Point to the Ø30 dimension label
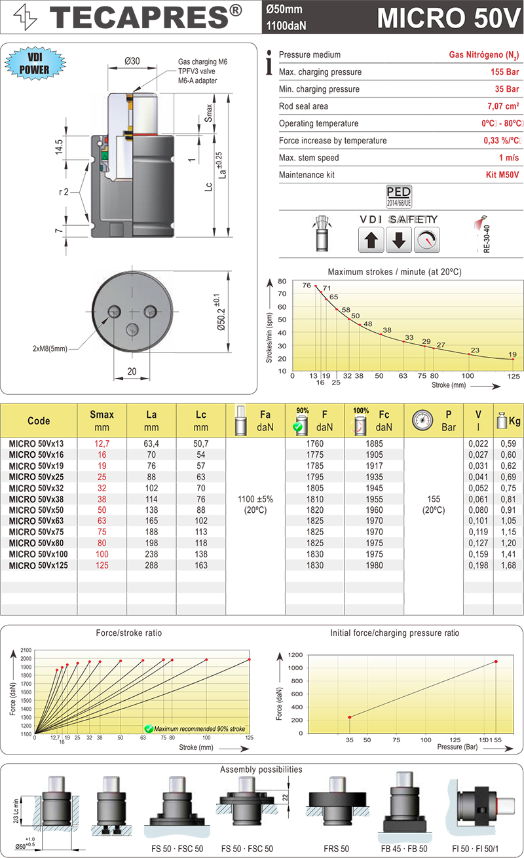click(132, 62)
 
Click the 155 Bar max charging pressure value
click(505, 71)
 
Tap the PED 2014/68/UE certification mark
click(399, 195)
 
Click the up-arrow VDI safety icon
click(371, 240)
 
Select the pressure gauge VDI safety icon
click(427, 240)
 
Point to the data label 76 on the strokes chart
click(307, 286)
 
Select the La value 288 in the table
click(151, 565)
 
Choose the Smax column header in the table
click(102, 420)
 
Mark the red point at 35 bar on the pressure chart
click(349, 717)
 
